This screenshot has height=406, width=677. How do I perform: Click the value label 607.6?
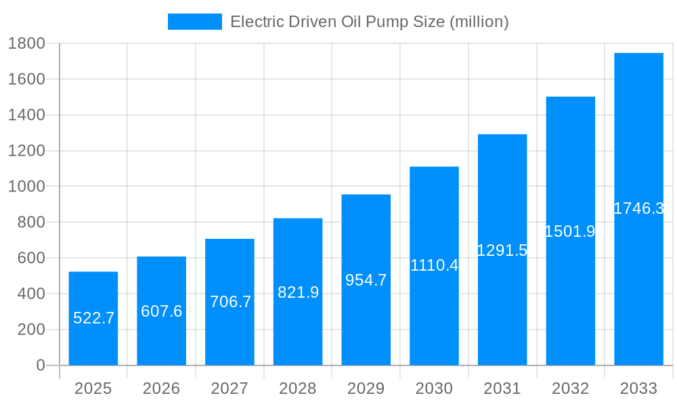(162, 311)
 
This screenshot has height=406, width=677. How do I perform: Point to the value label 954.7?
(366, 280)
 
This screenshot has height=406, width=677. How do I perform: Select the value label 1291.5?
(502, 250)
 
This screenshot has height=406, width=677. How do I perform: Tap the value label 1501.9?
(570, 231)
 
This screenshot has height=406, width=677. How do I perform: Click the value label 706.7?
(230, 302)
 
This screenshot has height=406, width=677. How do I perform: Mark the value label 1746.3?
(638, 208)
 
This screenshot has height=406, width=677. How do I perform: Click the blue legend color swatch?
(195, 22)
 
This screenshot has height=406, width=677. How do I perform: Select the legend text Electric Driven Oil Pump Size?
(370, 22)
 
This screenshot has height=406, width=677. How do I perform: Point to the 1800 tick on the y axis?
(26, 43)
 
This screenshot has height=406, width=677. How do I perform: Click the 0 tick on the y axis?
(40, 365)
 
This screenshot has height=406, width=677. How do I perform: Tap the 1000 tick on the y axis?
(26, 187)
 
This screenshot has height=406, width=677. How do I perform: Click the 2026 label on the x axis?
(162, 388)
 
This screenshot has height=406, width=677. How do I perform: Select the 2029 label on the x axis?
(366, 388)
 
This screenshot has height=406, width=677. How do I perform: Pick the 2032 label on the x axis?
(570, 388)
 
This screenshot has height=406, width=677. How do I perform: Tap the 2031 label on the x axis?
(502, 388)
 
